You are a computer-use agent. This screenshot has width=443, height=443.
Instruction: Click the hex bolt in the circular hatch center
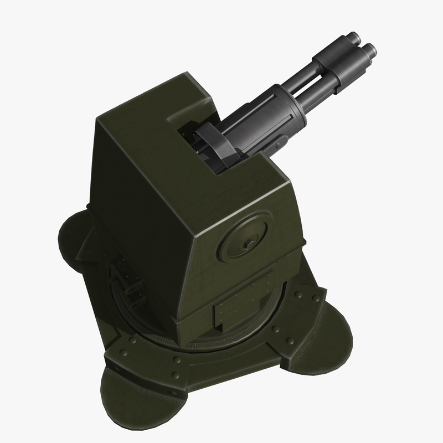point(247,240)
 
